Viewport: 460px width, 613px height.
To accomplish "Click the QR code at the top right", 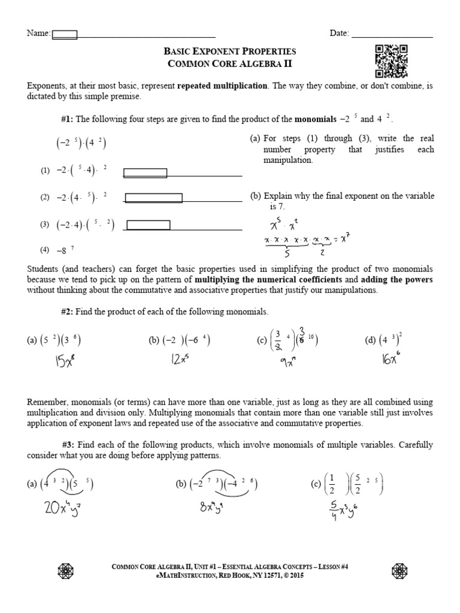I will point(391,61).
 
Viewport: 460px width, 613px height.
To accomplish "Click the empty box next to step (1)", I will point(145,174).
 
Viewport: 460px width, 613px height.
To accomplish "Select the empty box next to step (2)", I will point(153,198).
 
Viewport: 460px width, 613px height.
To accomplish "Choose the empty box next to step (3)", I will point(149,225).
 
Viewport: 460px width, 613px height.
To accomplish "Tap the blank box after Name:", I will point(65,34).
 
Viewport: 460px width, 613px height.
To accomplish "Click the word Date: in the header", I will point(339,34).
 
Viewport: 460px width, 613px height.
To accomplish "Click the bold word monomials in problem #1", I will point(316,119).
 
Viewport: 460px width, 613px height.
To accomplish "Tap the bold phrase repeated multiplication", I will point(223,86).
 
